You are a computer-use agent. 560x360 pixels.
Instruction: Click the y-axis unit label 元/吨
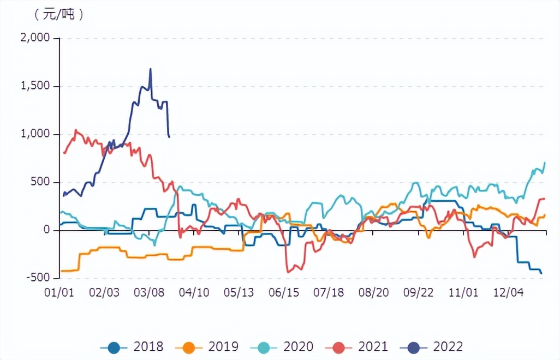(58, 15)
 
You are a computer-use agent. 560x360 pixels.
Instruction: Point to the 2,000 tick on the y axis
(35, 38)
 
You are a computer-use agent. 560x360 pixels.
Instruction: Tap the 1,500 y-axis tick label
(35, 86)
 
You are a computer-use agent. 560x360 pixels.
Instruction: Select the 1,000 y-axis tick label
(35, 134)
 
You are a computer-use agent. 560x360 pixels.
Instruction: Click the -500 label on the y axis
(38, 278)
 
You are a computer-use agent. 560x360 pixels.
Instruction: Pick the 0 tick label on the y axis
(46, 230)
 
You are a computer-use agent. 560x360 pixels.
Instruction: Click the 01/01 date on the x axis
(59, 293)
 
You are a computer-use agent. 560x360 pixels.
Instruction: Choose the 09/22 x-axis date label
(419, 293)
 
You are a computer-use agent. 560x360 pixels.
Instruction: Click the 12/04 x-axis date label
(509, 293)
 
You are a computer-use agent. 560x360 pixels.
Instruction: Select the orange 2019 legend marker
(188, 346)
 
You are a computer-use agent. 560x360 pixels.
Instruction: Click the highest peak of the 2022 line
(151, 69)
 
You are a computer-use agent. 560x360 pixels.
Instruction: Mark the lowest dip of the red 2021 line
(288, 272)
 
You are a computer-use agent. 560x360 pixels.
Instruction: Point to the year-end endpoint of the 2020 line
(545, 163)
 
